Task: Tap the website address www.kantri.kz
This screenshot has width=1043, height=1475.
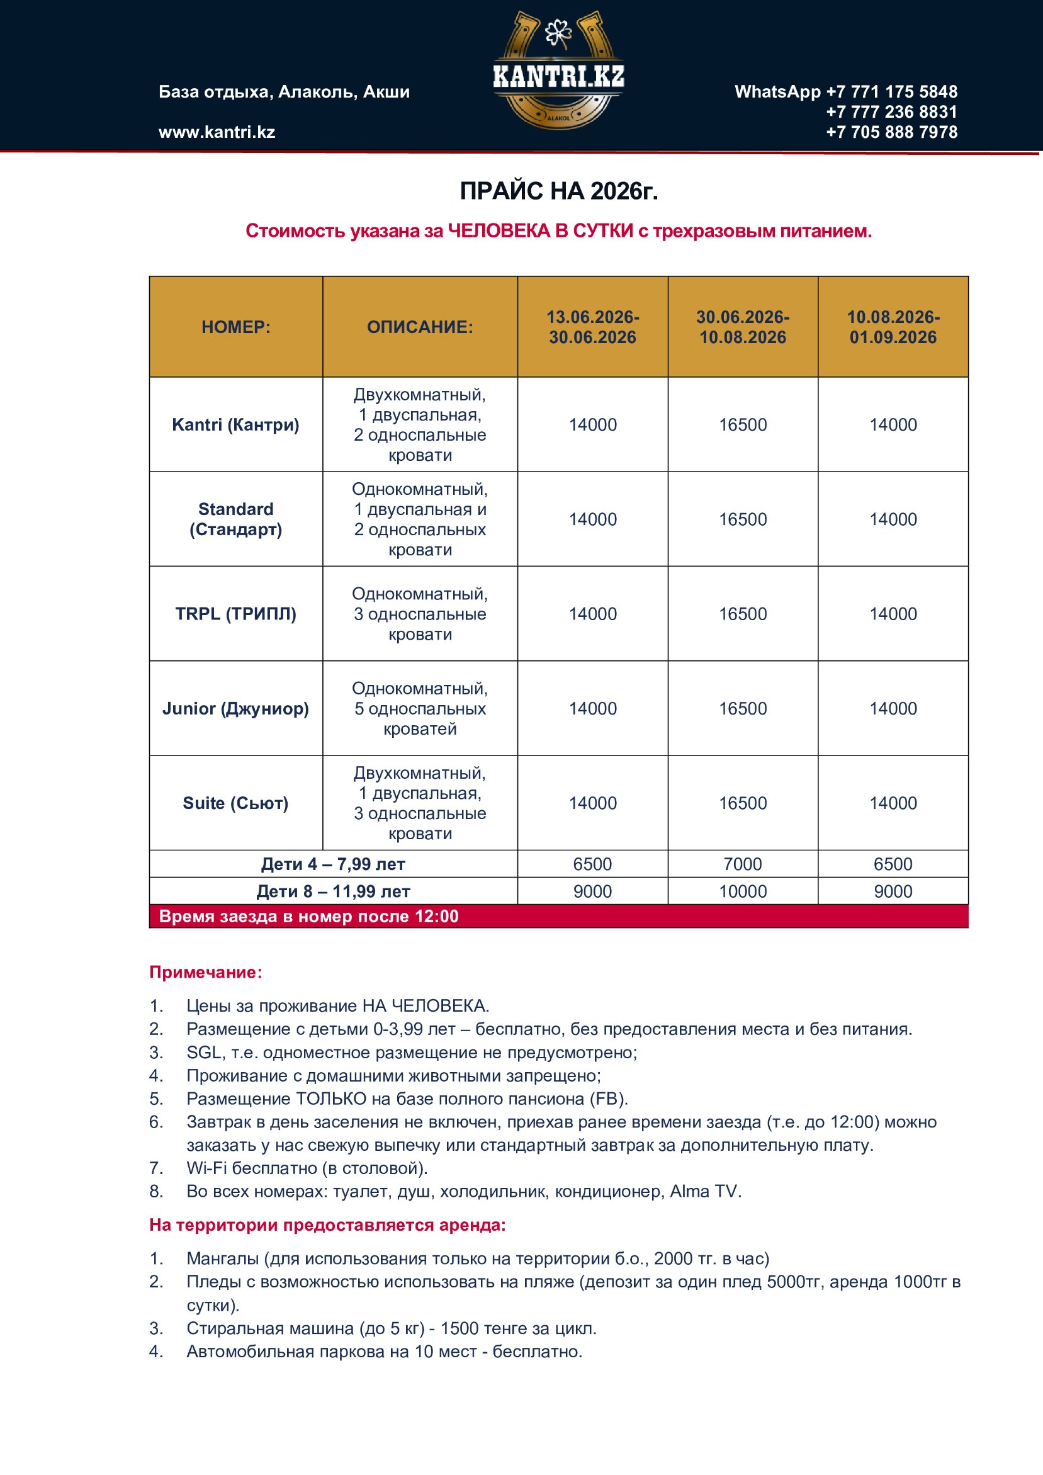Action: (217, 132)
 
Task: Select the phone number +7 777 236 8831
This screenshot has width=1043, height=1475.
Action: (891, 112)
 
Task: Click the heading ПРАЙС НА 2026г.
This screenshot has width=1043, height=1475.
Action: (558, 191)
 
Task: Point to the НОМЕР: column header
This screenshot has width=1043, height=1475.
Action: (235, 327)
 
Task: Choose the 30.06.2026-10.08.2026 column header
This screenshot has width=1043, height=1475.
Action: (742, 327)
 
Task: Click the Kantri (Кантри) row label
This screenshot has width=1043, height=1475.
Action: (235, 425)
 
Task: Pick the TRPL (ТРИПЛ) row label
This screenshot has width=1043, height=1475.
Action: (235, 614)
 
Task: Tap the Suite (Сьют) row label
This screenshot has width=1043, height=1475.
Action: (235, 803)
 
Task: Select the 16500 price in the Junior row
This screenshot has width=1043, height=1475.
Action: (742, 709)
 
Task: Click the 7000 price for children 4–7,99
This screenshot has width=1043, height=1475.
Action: (742, 864)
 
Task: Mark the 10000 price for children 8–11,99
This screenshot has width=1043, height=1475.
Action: (742, 891)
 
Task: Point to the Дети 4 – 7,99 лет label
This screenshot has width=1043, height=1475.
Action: (333, 864)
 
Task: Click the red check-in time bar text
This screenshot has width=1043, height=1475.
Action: (308, 917)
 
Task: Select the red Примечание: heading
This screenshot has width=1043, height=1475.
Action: (206, 973)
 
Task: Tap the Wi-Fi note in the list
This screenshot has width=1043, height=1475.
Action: (307, 1168)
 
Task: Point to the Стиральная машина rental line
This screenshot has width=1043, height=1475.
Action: (391, 1328)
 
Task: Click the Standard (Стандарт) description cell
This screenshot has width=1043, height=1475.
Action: (419, 519)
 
